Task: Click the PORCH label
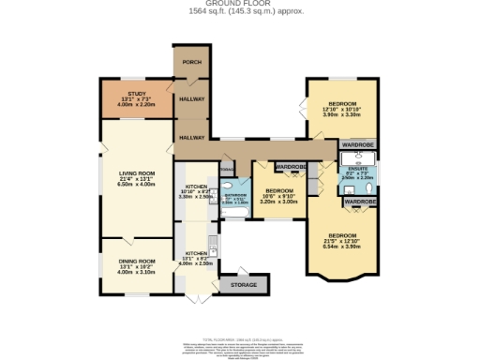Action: [191, 63]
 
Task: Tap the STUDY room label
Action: [136, 92]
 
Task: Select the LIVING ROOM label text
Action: [136, 172]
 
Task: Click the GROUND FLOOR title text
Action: [240, 4]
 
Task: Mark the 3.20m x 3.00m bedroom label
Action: [279, 201]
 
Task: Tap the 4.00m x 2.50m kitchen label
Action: [197, 263]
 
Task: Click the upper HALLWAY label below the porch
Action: [191, 97]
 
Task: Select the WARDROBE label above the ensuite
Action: [357, 145]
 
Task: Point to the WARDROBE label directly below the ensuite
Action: [360, 202]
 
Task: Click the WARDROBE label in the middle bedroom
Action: [292, 168]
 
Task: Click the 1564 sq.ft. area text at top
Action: [240, 12]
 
